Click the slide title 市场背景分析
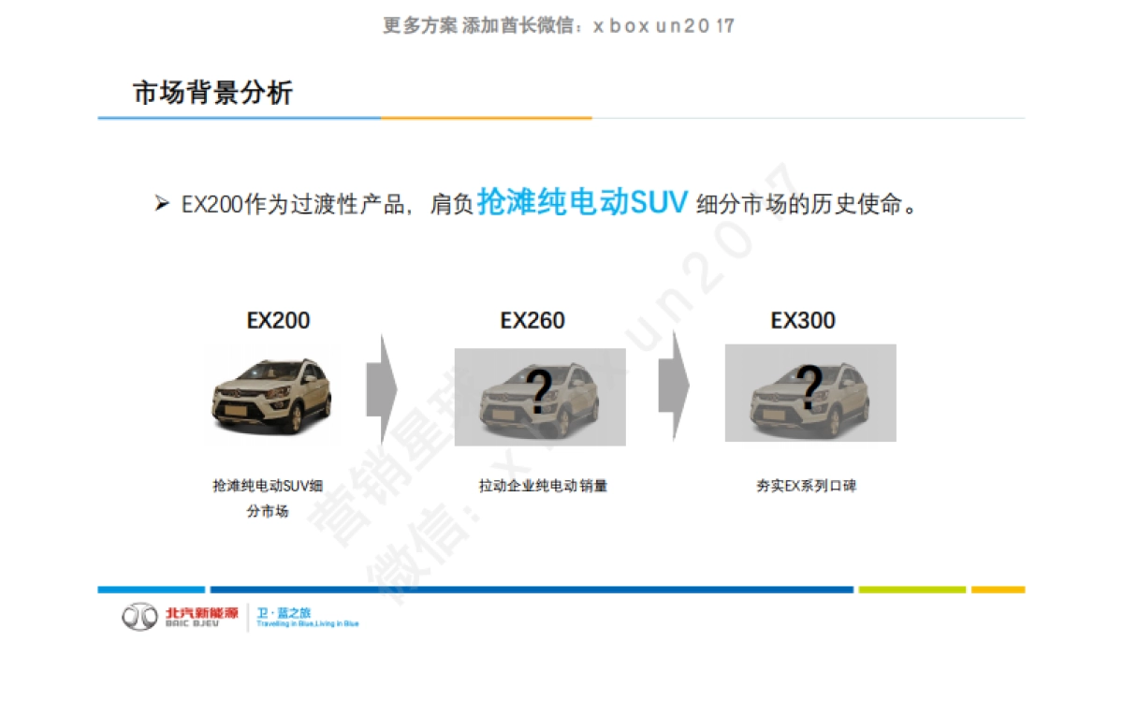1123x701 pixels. tap(212, 93)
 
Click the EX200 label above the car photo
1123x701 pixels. tap(278, 320)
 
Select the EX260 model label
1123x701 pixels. tap(532, 320)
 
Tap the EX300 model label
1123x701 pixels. tap(803, 320)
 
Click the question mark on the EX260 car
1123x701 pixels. tap(539, 392)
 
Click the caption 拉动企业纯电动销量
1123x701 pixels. tap(543, 486)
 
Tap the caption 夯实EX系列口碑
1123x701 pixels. tap(806, 486)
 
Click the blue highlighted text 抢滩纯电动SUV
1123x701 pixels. tap(582, 201)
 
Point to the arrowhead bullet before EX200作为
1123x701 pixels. tap(161, 203)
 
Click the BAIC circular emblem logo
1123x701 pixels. tap(140, 617)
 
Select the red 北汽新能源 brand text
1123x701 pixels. tap(201, 612)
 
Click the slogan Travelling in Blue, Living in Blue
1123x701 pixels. tap(307, 623)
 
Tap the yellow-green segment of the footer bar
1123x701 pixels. tap(912, 590)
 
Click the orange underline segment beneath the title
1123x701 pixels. tap(486, 118)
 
